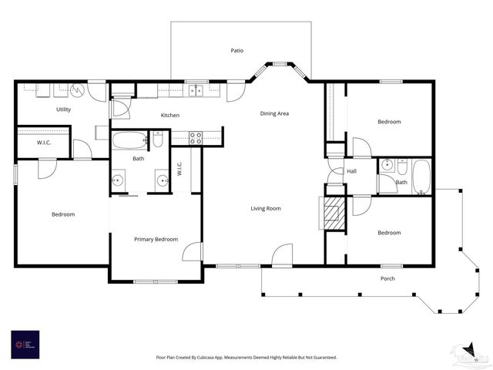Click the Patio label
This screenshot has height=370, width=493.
237,51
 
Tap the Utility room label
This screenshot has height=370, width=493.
63,109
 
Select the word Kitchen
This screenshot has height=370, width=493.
170,116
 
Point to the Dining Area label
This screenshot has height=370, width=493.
274,114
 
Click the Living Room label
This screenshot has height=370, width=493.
265,208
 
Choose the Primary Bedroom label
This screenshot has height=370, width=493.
156,239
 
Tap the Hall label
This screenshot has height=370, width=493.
351,171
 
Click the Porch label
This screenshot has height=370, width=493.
388,278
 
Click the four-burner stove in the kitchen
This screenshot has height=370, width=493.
196,138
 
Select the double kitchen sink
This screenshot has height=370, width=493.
196,90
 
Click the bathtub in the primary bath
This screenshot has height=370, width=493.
129,141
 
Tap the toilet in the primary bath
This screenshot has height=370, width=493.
158,140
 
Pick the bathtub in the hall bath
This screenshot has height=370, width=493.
421,177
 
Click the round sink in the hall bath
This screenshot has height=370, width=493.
387,165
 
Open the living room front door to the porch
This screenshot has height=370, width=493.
283,256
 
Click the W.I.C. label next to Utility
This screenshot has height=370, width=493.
44,143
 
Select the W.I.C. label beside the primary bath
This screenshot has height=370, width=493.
179,168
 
